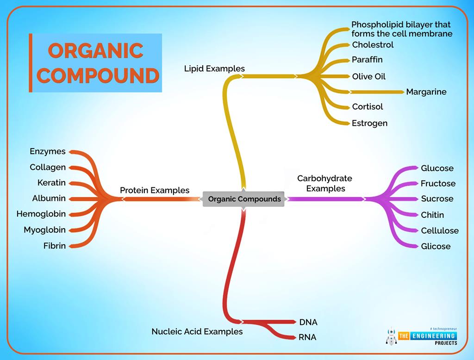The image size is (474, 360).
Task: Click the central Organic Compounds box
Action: (x=244, y=199)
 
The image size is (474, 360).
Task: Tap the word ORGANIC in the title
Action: (x=95, y=51)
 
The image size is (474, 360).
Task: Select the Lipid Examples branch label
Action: (x=214, y=68)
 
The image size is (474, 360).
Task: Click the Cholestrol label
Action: (x=373, y=45)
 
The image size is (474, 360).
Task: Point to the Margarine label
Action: (x=426, y=92)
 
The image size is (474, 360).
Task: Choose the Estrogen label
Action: (x=369, y=123)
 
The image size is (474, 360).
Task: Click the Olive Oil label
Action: (x=368, y=76)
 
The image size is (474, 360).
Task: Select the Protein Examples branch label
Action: (x=155, y=190)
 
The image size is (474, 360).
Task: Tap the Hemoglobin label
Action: (x=41, y=214)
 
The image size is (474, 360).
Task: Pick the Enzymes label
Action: (x=48, y=151)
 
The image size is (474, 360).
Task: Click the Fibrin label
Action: (x=55, y=246)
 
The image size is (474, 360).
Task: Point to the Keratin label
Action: (x=51, y=182)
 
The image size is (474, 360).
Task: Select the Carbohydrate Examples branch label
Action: (x=324, y=183)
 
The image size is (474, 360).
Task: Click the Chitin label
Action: (x=432, y=215)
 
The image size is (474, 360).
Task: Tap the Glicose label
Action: (x=436, y=246)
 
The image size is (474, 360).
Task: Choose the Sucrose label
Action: (x=437, y=199)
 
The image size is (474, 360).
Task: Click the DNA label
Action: (x=308, y=322)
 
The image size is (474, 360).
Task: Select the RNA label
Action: (x=307, y=337)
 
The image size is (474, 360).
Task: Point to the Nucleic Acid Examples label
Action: (x=197, y=331)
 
